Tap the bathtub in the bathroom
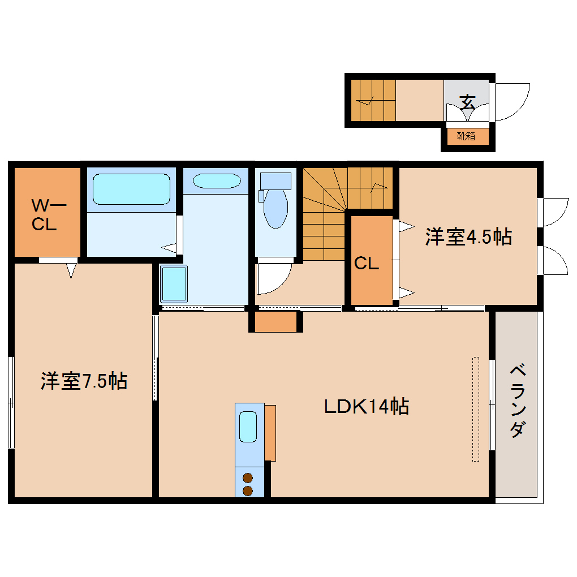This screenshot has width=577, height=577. [131, 189]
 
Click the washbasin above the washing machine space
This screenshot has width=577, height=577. [216, 181]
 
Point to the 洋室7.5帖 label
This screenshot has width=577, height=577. [84, 381]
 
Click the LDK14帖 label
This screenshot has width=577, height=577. [367, 406]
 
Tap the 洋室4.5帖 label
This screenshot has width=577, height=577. [468, 236]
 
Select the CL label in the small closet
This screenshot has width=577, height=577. [367, 263]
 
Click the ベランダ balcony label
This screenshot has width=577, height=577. [516, 402]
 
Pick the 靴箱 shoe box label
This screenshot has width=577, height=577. [466, 136]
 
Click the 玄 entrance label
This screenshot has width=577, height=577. [467, 102]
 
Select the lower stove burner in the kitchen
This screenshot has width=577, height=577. [248, 490]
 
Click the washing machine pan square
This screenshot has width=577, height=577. [174, 283]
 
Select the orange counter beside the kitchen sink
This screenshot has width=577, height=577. [270, 433]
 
